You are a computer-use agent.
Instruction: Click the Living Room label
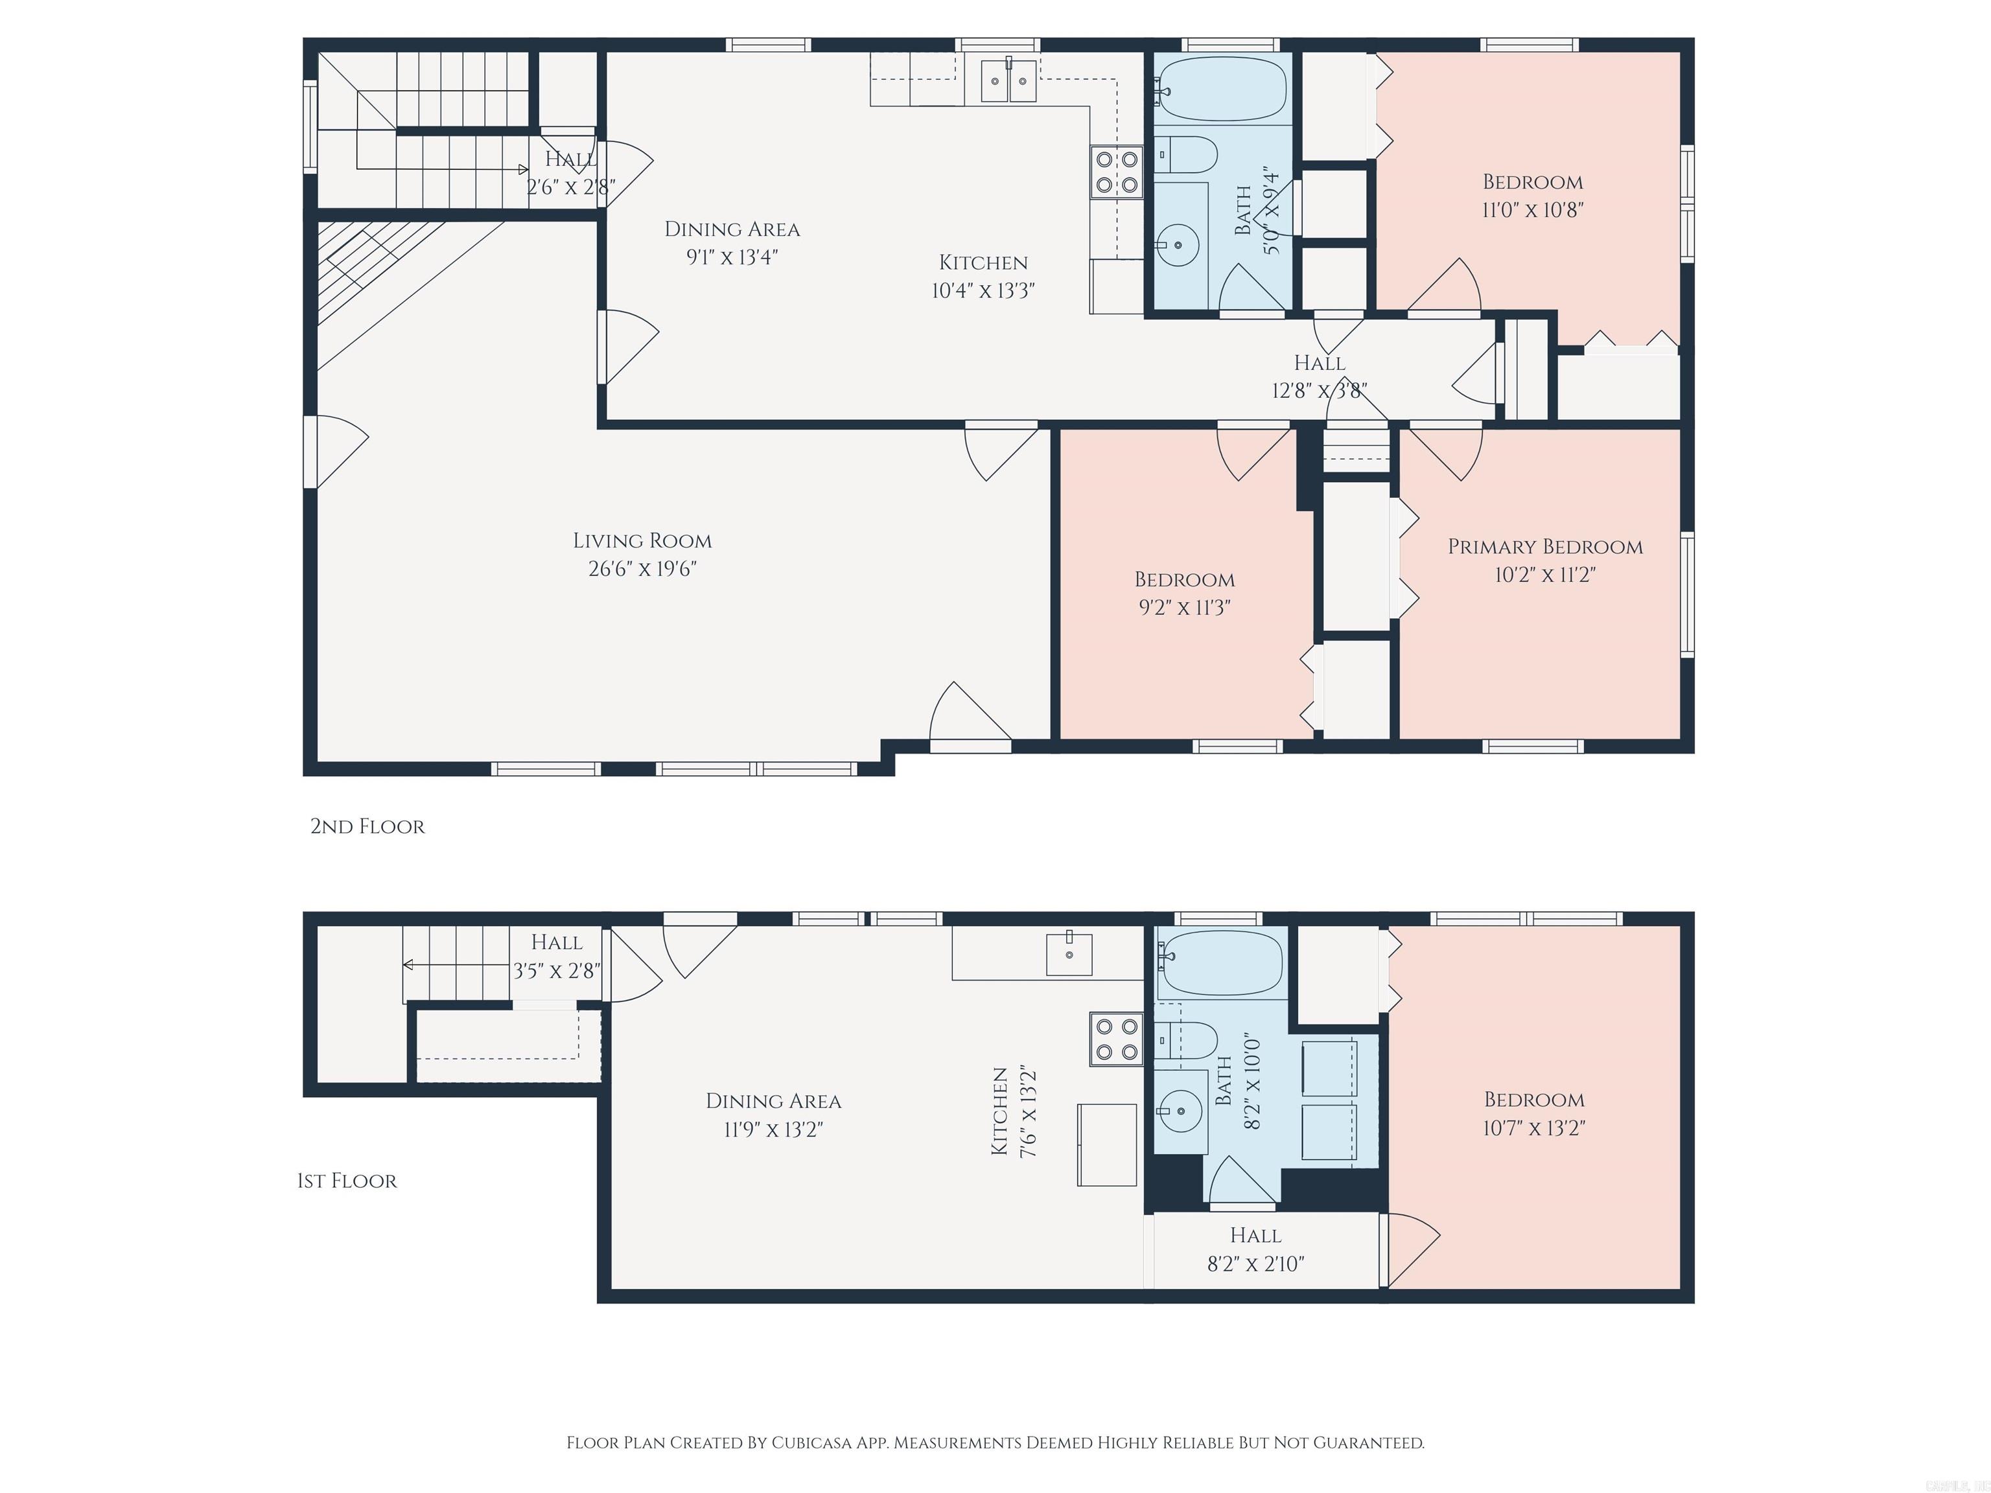(642, 541)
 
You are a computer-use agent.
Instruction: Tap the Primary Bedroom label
(1544, 547)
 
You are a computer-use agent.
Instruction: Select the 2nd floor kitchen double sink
(1007, 81)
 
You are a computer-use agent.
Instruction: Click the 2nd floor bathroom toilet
(1185, 155)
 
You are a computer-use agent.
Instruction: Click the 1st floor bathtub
(1220, 963)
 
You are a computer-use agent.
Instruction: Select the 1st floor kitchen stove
(1116, 1039)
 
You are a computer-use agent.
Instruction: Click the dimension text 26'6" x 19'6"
(642, 569)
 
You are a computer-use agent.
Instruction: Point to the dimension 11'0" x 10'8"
(1532, 210)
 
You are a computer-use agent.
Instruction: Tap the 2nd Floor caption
(367, 826)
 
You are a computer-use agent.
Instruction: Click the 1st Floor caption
(347, 1181)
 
